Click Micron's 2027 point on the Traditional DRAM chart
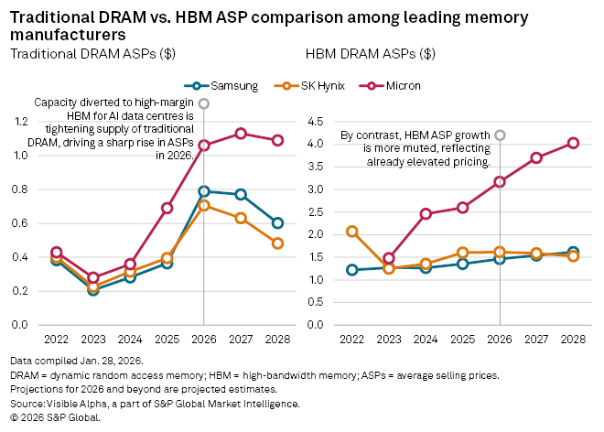click(x=241, y=134)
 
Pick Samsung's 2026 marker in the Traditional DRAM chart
click(x=204, y=191)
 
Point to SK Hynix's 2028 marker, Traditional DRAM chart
click(x=277, y=243)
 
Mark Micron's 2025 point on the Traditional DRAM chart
click(x=167, y=208)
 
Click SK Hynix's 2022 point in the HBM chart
click(x=352, y=232)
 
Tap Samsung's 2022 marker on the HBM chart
click(x=352, y=270)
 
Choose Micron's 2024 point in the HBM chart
click(x=426, y=214)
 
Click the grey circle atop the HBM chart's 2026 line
click(x=500, y=135)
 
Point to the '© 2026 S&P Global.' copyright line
click(x=55, y=416)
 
